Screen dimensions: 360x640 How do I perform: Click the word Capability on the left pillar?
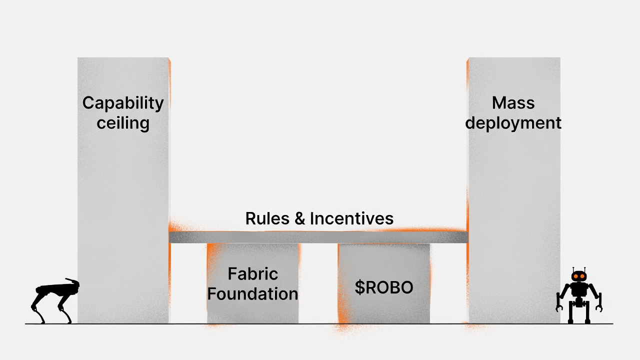[123, 103]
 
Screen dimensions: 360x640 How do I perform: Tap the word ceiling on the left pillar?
[123, 123]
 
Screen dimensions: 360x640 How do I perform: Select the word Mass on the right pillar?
[513, 103]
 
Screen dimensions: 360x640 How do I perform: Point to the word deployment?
[513, 123]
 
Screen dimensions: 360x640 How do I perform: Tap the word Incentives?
[351, 218]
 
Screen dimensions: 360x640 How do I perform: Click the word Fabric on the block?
[252, 274]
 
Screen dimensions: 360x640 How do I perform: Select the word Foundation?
[252, 293]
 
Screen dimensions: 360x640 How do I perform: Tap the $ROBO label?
[384, 287]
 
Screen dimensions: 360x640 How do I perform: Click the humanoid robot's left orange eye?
[575, 276]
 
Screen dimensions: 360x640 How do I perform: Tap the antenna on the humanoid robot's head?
[579, 268]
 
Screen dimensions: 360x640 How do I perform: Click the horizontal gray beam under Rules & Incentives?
[318, 237]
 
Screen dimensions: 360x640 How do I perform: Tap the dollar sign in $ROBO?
[359, 287]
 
